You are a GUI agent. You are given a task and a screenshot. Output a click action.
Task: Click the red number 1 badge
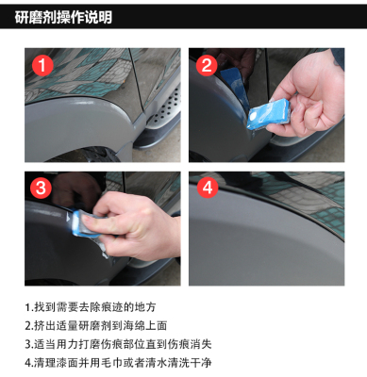pyautogui.click(x=42, y=65)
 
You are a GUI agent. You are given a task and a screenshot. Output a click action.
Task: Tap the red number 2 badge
pyautogui.click(x=207, y=65)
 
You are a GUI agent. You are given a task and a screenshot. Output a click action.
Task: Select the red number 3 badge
pyautogui.click(x=41, y=188)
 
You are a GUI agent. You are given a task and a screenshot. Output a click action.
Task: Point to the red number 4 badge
pyautogui.click(x=208, y=188)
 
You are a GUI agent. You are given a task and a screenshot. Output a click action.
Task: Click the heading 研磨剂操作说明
pyautogui.click(x=63, y=17)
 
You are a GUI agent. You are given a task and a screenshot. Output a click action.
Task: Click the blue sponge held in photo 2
pyautogui.click(x=268, y=114)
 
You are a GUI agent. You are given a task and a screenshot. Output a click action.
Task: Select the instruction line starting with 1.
pyautogui.click(x=91, y=307)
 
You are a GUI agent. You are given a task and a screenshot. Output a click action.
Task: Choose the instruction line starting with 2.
pyautogui.click(x=96, y=325)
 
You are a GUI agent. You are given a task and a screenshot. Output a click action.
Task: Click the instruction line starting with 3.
pyautogui.click(x=118, y=344)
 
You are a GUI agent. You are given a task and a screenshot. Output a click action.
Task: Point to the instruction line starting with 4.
pyautogui.click(x=118, y=363)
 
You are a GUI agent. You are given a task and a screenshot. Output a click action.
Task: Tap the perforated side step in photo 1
pyautogui.click(x=163, y=110)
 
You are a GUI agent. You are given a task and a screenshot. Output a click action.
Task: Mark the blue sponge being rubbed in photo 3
pyautogui.click(x=82, y=223)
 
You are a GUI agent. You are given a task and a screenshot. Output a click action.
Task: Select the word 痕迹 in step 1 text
pyautogui.click(x=112, y=307)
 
